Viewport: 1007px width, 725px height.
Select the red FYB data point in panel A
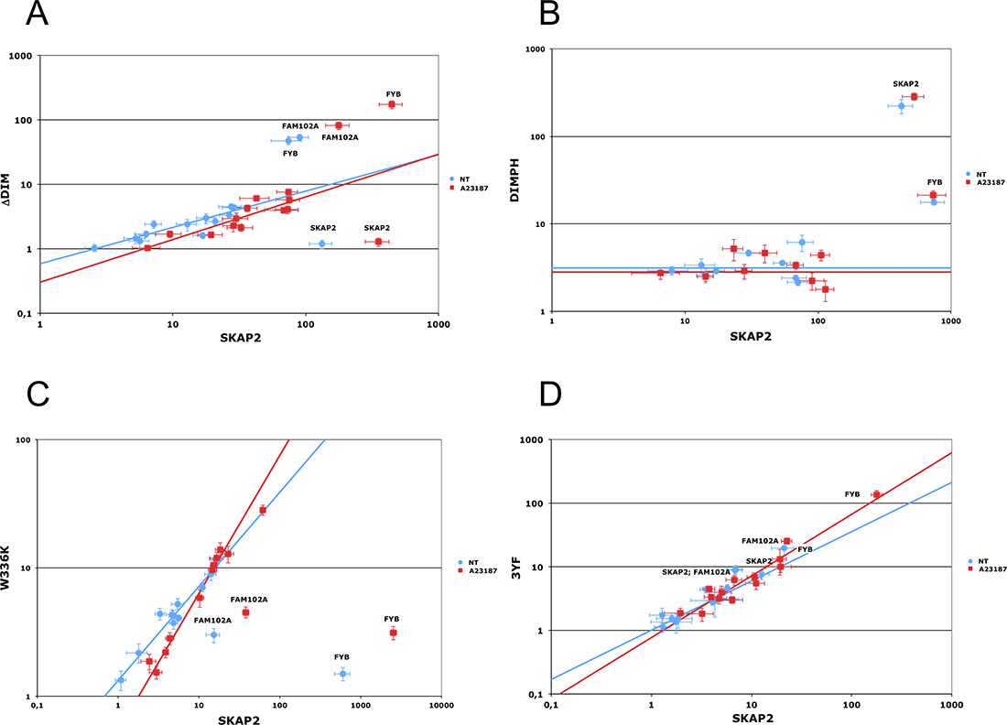click(392, 104)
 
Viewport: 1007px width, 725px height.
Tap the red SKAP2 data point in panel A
click(377, 242)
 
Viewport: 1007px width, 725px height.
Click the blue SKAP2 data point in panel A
click(321, 243)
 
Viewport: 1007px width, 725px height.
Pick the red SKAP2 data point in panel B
click(914, 96)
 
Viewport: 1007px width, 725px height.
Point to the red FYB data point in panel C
click(393, 633)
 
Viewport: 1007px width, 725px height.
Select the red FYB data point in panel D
click(876, 494)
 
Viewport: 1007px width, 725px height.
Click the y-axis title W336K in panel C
click(10, 568)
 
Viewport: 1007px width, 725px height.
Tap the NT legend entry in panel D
click(981, 560)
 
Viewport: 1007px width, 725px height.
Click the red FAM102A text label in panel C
click(248, 599)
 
